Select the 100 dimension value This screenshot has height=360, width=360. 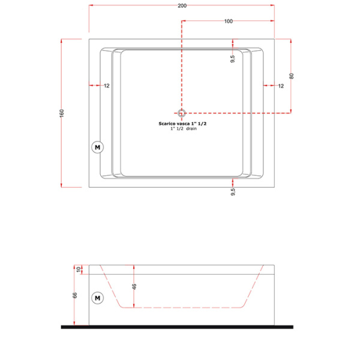point(228,22)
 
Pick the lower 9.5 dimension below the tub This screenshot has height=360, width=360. point(233,192)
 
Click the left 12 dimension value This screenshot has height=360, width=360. point(106,86)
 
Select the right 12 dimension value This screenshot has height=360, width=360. point(280,86)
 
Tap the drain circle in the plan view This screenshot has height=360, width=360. point(182,112)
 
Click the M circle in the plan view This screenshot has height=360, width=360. point(97,147)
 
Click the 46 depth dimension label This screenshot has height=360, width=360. point(134,286)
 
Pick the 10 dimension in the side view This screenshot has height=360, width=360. point(77,269)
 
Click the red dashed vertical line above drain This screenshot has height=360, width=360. point(182,66)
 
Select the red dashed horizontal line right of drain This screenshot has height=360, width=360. point(240,112)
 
